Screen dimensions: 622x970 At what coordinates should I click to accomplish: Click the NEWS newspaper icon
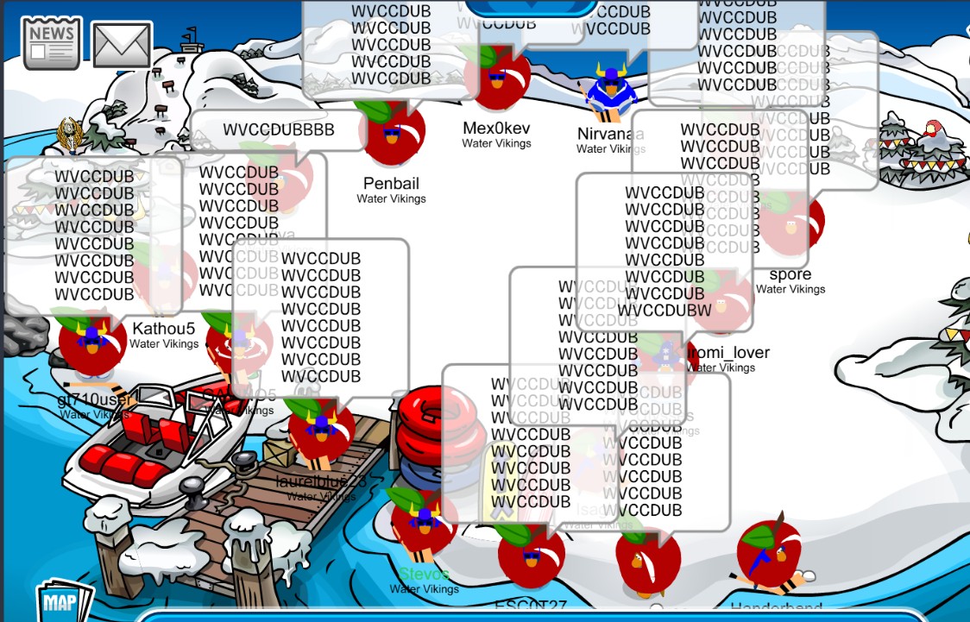coord(51,43)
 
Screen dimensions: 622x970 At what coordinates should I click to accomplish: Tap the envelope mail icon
coord(122,45)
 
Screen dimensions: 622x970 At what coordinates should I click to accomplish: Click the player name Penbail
coord(391,183)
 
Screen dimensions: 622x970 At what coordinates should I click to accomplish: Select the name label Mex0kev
coord(496,129)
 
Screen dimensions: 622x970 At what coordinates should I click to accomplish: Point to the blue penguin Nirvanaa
coord(611,91)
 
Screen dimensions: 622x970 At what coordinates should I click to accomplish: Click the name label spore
coord(790,275)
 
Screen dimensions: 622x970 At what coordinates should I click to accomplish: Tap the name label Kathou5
coord(164,329)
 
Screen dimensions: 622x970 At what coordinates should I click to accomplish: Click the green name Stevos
coord(424,574)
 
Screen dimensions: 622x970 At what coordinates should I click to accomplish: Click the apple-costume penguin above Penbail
coord(392,132)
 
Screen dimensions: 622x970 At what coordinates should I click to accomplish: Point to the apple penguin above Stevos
coord(424,523)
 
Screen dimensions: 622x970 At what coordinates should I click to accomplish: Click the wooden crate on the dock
coord(280,453)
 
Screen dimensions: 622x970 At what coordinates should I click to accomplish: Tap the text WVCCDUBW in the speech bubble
coord(664,310)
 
